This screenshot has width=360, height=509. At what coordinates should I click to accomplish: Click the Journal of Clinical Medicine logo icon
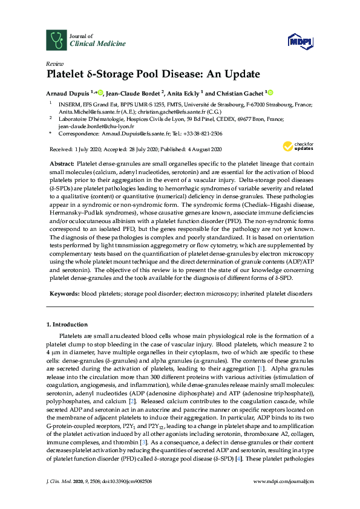click(x=56, y=41)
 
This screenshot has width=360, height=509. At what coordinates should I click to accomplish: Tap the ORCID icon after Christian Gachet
click(x=270, y=92)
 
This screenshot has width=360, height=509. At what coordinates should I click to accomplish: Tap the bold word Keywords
click(x=64, y=293)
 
